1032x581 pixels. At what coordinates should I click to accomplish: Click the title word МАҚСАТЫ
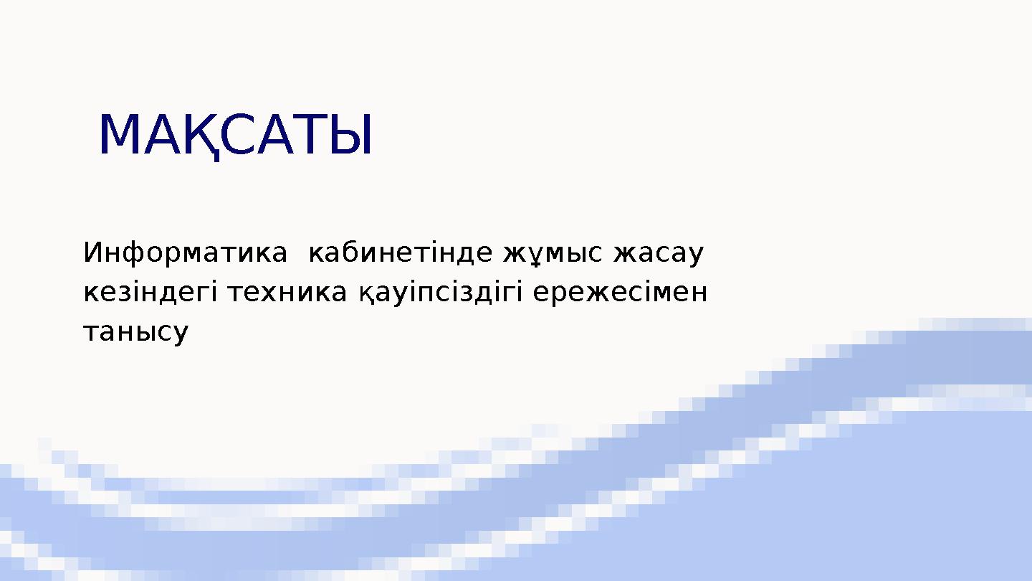(235, 135)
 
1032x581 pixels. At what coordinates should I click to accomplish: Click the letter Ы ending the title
(352, 135)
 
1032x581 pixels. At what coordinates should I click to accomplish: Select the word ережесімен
(621, 293)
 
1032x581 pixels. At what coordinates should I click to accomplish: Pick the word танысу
(136, 332)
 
